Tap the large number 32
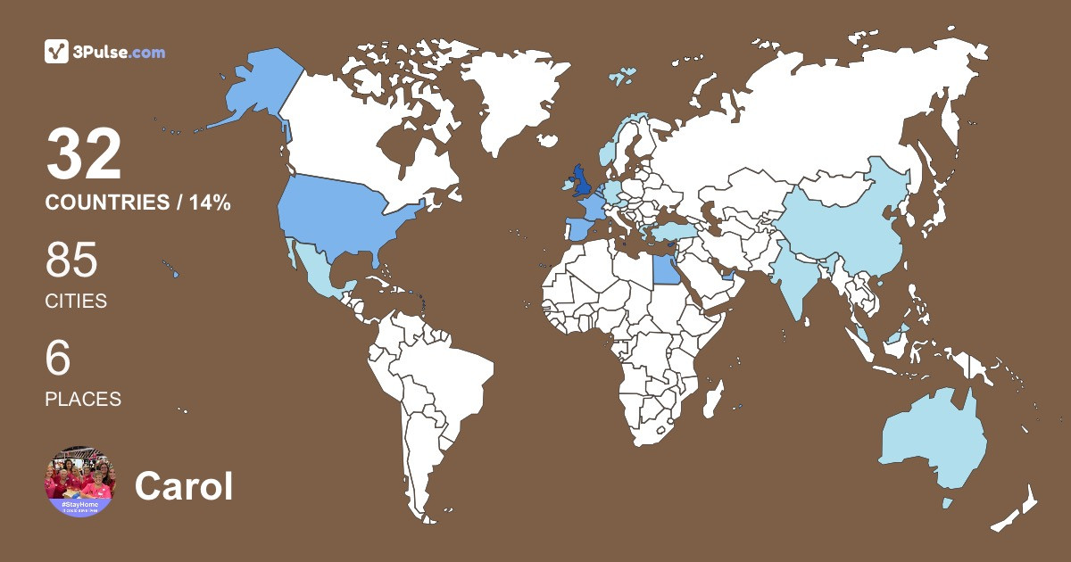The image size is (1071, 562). point(84,154)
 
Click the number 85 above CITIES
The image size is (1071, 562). point(71,261)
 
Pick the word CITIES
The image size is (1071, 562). point(76,302)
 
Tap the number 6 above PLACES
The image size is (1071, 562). point(58,359)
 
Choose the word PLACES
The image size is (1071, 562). point(83,399)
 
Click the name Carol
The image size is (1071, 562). point(184,486)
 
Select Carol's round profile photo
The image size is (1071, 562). point(79,482)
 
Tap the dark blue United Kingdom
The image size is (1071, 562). point(582,183)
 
